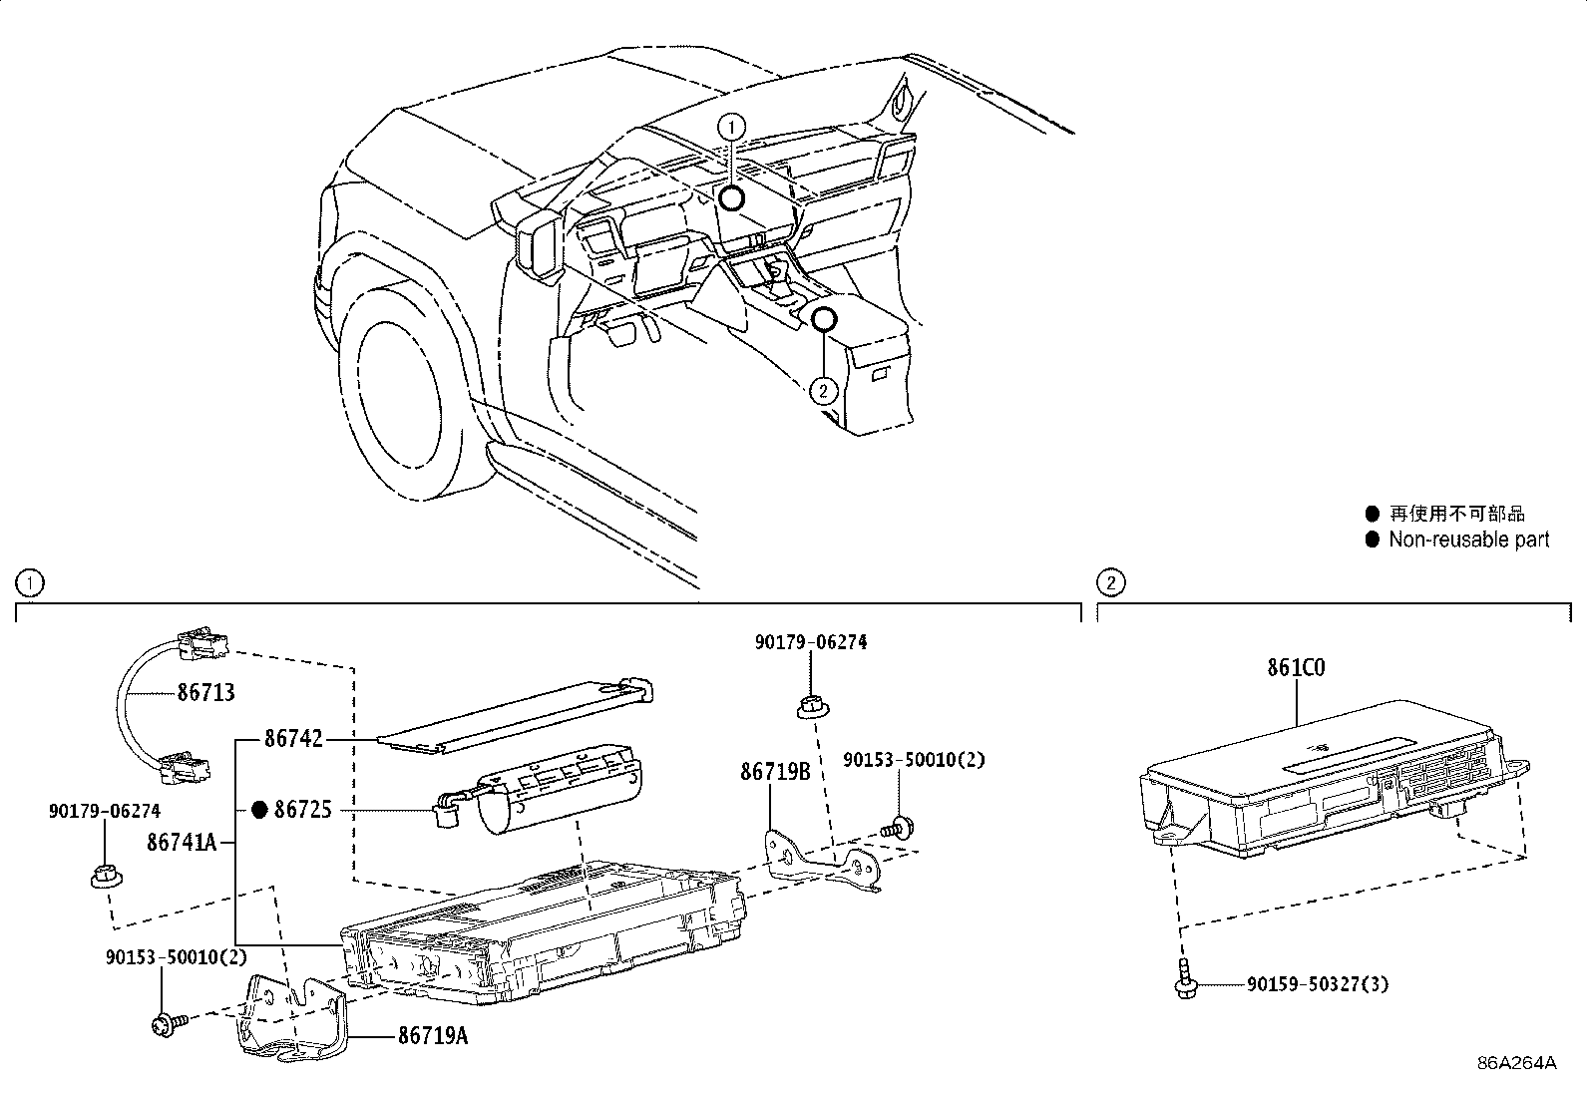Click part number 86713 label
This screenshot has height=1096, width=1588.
click(205, 691)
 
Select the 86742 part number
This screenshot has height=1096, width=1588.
click(293, 739)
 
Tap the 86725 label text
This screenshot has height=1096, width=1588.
click(303, 810)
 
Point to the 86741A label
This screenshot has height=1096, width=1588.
click(182, 843)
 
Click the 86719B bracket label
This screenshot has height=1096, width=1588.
click(774, 772)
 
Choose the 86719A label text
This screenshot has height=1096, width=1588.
click(432, 1035)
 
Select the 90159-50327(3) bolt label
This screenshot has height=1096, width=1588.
click(1317, 985)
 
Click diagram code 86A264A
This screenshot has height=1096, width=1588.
click(1517, 1062)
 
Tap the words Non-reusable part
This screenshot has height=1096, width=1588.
click(1468, 540)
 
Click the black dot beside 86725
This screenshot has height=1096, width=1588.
click(259, 810)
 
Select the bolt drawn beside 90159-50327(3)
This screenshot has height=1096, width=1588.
click(1182, 981)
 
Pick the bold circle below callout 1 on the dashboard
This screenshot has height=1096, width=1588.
click(732, 198)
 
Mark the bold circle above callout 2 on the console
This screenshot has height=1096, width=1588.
click(823, 319)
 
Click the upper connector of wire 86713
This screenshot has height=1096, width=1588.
click(202, 643)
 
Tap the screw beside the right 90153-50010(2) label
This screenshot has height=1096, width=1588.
click(900, 826)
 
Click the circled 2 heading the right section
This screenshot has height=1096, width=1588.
click(1110, 581)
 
